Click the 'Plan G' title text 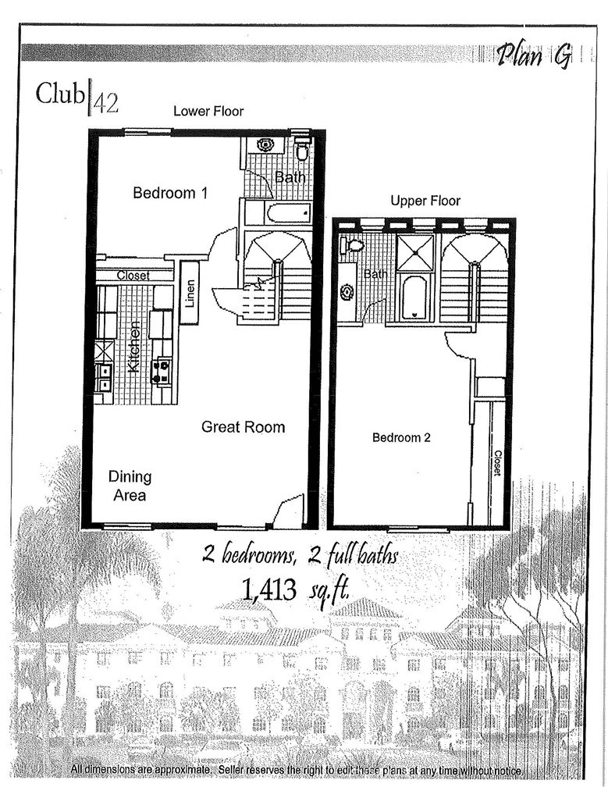[x=534, y=55]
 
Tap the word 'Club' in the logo [x=59, y=94]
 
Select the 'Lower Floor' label [x=208, y=111]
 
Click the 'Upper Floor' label [x=425, y=201]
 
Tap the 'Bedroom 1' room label [x=169, y=193]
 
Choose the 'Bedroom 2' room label [x=401, y=437]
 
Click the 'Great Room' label [x=243, y=427]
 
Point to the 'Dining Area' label [x=130, y=485]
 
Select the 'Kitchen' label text [x=133, y=346]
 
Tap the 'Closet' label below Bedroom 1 [x=133, y=276]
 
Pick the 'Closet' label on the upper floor [x=496, y=463]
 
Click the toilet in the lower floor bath [x=302, y=149]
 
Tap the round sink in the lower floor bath [x=264, y=144]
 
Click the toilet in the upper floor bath [x=355, y=245]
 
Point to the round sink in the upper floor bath [x=347, y=292]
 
